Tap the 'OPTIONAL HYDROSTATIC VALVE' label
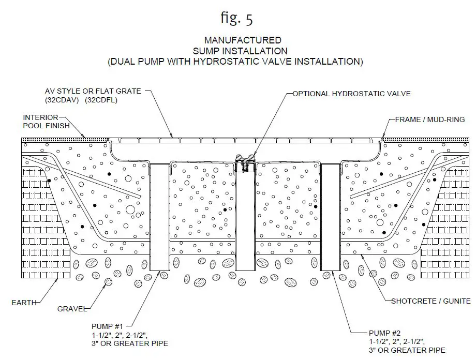(351, 94)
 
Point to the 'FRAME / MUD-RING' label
(429, 119)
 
